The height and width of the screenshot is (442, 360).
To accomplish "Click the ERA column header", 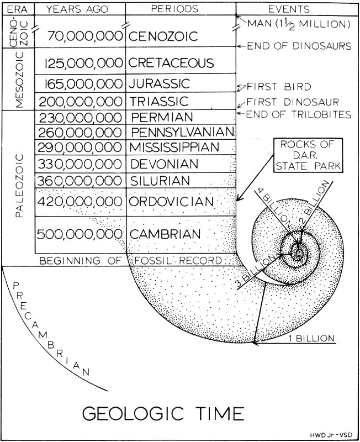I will coord(18,9).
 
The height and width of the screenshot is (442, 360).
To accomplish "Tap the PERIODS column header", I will coord(181,9).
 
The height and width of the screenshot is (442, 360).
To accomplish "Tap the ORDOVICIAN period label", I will coord(171,202).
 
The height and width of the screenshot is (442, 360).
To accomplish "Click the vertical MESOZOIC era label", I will coord(18,79).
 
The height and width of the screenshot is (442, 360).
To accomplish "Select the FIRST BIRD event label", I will coord(279,87).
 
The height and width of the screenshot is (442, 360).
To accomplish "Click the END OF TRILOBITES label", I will coord(299,114).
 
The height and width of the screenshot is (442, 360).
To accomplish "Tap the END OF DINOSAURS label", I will coord(299,46).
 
